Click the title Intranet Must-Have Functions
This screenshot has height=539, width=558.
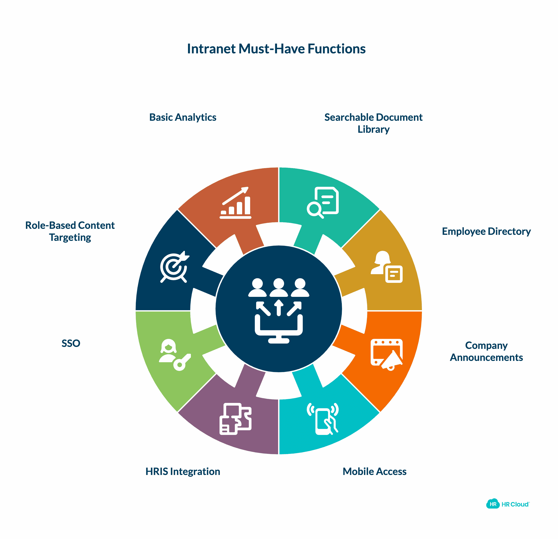[x=276, y=49]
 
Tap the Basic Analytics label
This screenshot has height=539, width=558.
[x=182, y=117]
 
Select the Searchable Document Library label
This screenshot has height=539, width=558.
[x=373, y=123]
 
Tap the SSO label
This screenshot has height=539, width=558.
[x=71, y=343]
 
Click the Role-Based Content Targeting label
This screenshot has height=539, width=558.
[x=70, y=231]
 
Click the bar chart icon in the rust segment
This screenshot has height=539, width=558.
[x=235, y=203]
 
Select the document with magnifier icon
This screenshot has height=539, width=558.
[x=323, y=203]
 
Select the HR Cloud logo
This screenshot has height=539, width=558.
[x=508, y=504]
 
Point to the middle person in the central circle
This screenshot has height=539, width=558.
[x=279, y=288]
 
